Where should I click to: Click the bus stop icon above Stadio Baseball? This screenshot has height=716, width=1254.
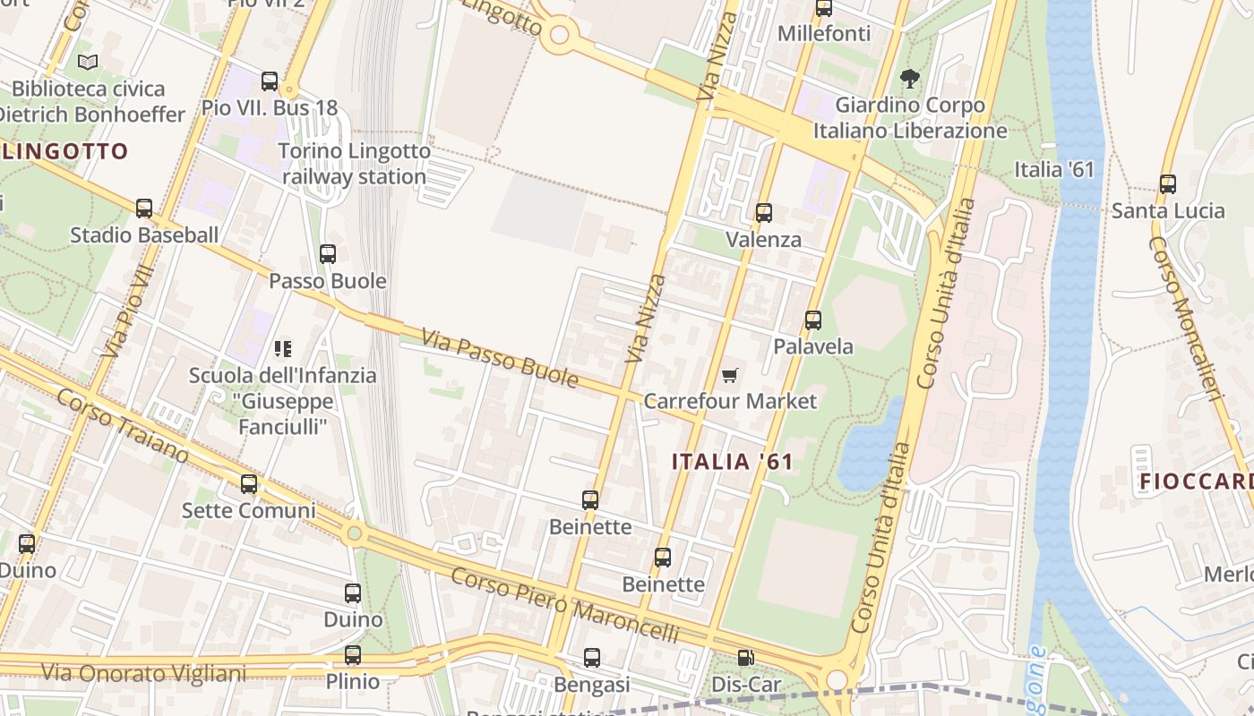click(144, 209)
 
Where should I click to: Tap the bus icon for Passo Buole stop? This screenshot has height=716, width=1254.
click(328, 254)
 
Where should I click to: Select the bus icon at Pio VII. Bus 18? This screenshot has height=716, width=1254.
click(270, 81)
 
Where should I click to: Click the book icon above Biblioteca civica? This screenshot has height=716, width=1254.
click(88, 62)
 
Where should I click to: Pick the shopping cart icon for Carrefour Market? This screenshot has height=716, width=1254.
click(730, 375)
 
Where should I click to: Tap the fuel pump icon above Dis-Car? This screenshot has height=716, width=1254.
click(745, 658)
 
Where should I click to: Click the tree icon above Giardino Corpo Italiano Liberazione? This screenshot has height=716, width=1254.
click(910, 79)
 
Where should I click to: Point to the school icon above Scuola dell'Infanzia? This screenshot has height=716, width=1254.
click(283, 348)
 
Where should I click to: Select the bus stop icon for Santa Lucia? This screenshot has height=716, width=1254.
click(1168, 184)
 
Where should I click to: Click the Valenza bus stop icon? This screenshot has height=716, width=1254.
click(764, 213)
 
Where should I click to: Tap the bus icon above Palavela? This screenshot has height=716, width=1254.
click(813, 320)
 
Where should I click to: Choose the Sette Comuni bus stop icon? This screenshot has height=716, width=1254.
click(249, 484)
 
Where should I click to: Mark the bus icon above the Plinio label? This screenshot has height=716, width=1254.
click(353, 655)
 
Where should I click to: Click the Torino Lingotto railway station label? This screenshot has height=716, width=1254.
click(355, 164)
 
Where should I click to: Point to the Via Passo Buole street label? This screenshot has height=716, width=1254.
click(500, 359)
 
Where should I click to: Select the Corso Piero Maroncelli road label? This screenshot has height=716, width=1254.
click(564, 605)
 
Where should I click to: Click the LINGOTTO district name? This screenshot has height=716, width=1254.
click(65, 151)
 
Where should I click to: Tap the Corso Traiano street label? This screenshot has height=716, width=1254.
click(123, 426)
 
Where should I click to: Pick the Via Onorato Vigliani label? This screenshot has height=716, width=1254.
click(143, 672)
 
